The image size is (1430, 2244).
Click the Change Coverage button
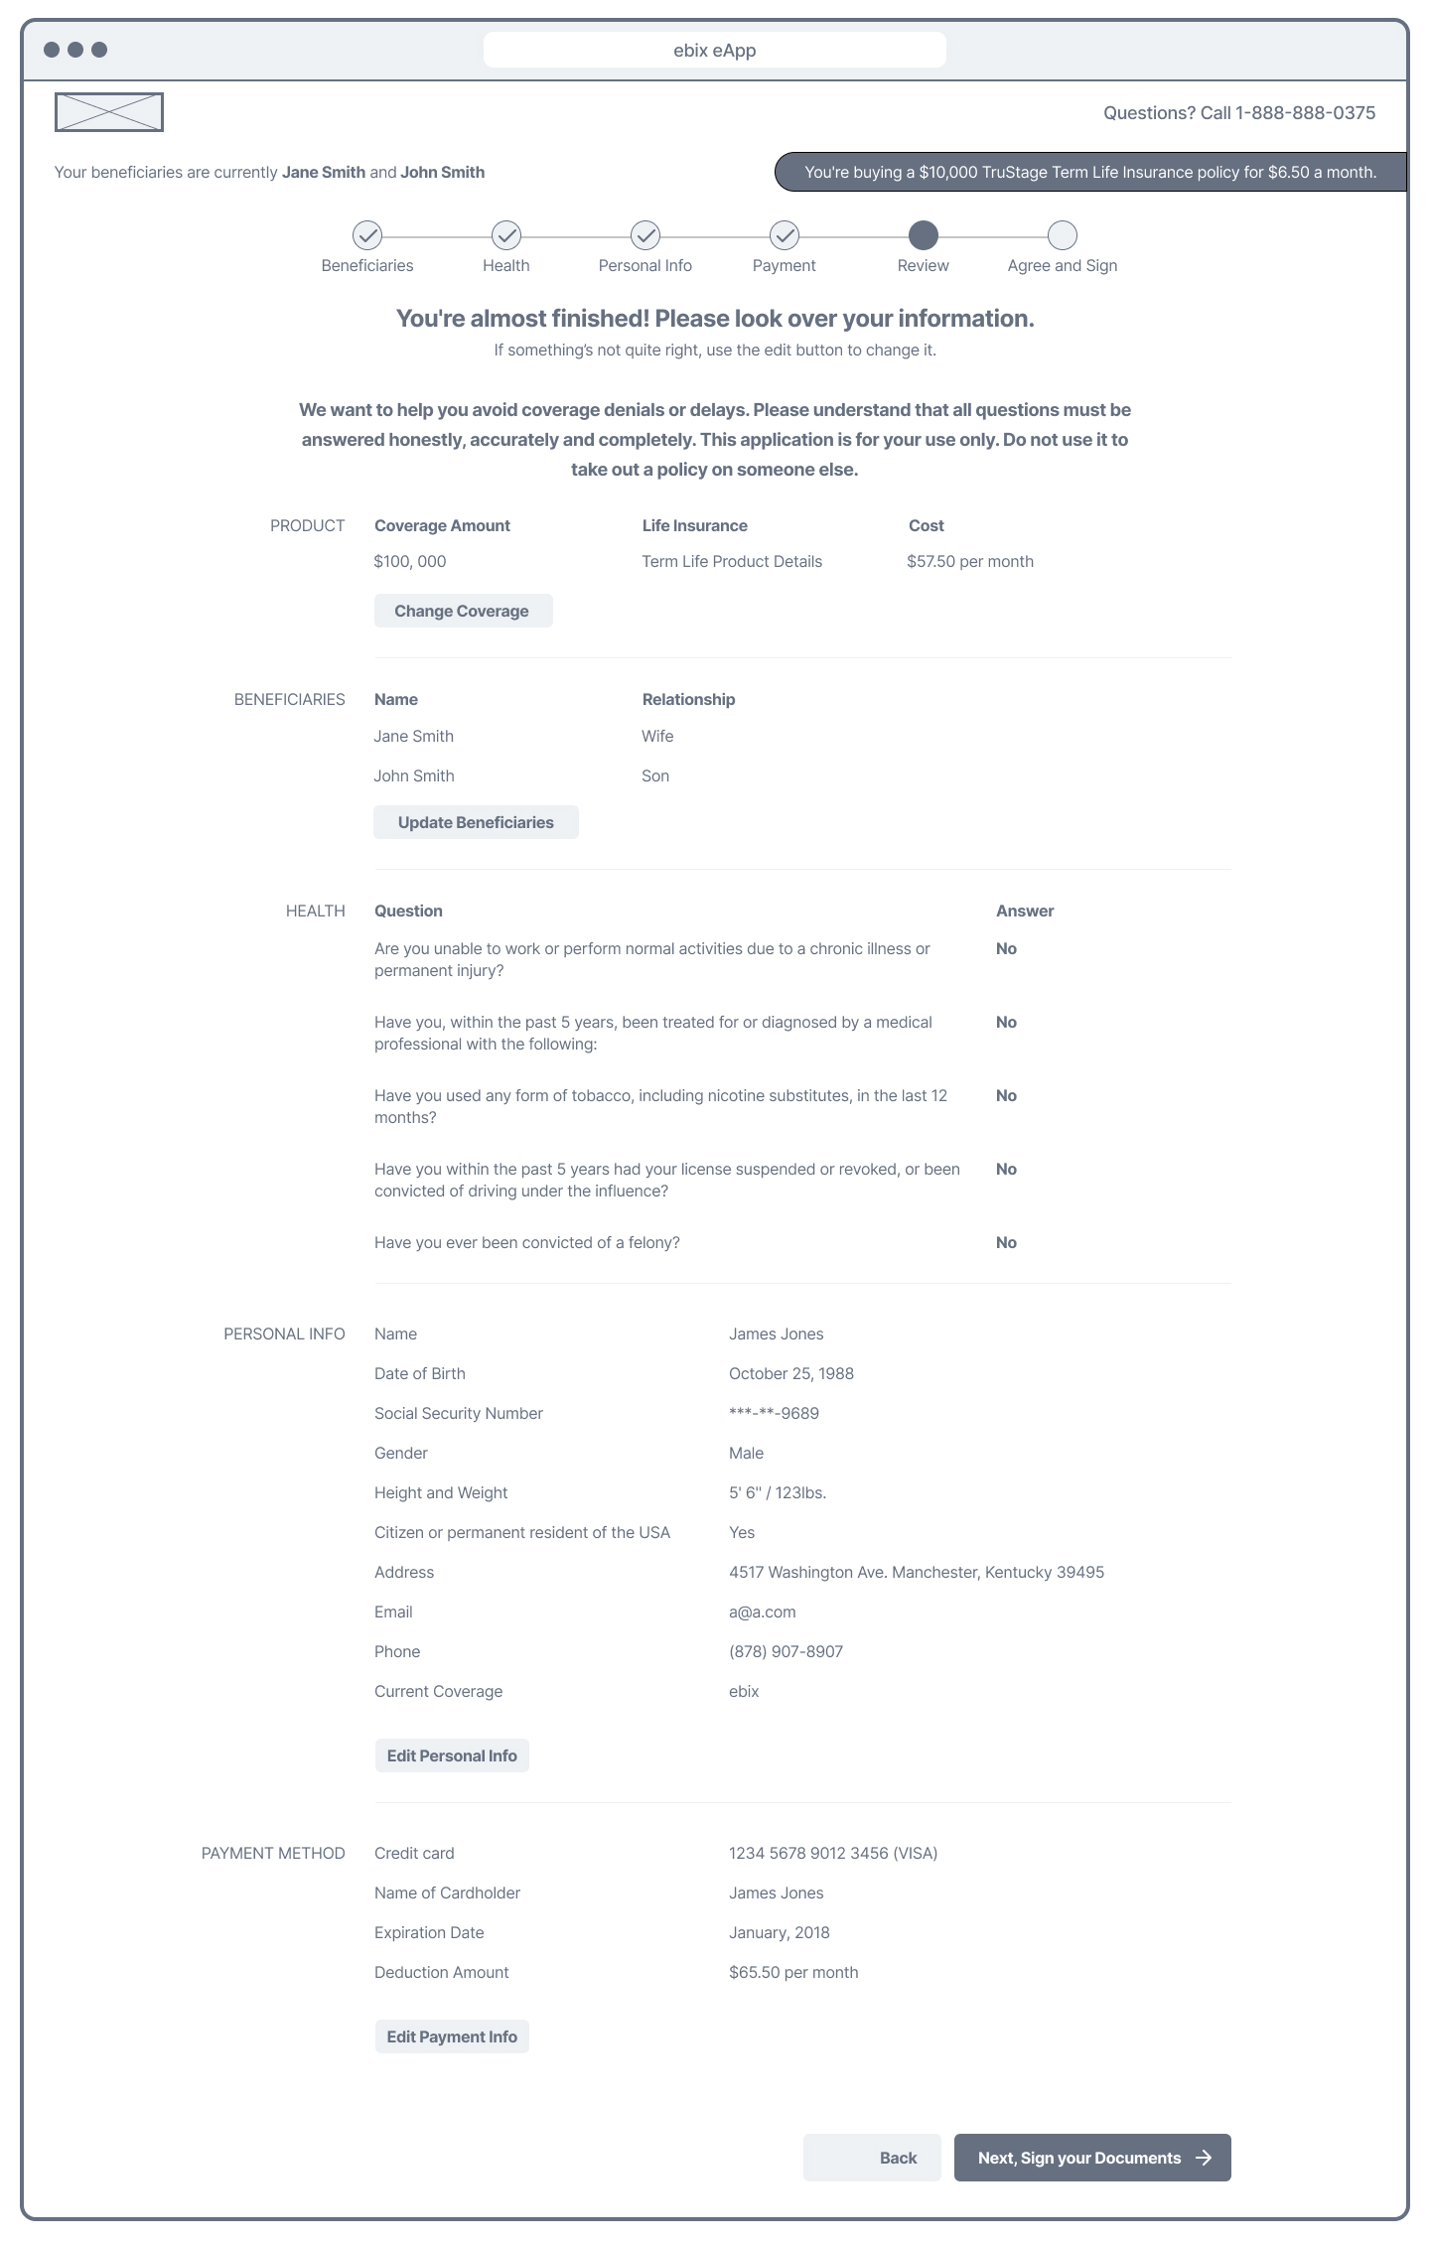(463, 611)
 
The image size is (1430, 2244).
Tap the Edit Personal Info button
(452, 1755)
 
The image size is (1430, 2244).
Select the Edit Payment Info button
(452, 2036)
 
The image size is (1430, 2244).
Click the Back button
(872, 2158)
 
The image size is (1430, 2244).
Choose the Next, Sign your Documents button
(1092, 2158)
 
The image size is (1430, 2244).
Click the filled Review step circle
(924, 235)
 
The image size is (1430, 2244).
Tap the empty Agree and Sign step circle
(1063, 235)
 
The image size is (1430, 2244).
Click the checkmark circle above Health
(506, 235)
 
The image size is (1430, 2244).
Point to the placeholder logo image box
(109, 112)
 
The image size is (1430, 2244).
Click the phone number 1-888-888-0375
(1305, 113)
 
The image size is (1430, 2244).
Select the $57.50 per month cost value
(970, 561)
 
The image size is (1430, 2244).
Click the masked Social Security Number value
(774, 1413)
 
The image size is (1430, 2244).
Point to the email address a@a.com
(763, 1612)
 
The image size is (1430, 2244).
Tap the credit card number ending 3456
(833, 1853)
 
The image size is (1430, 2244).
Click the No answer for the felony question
(1006, 1242)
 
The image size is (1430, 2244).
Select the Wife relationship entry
(657, 736)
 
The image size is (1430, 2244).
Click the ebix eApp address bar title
(715, 51)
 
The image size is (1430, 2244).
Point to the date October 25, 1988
(791, 1373)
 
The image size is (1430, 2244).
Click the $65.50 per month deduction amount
(793, 1972)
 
